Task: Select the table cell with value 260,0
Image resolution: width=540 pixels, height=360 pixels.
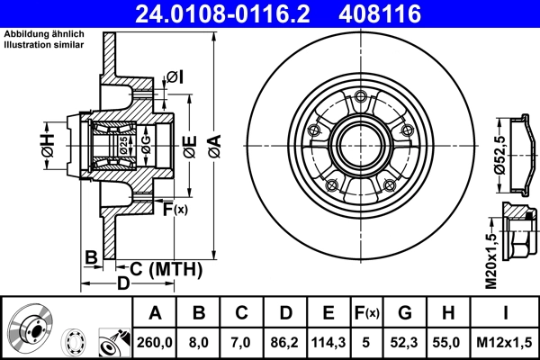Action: point(156,343)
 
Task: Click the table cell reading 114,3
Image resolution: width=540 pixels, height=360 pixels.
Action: point(328,343)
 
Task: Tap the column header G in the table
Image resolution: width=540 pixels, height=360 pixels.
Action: point(404,312)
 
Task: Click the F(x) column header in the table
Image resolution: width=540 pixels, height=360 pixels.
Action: point(365,312)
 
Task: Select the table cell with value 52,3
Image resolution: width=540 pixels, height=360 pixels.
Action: point(404,343)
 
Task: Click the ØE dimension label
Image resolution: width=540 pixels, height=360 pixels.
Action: point(188,146)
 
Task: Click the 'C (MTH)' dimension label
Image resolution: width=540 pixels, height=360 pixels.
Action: point(163,268)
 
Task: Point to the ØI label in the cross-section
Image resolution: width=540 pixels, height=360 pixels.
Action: point(175,77)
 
